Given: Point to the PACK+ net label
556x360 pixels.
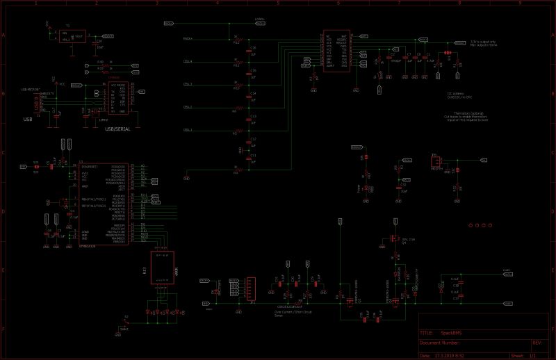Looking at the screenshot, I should click(188, 39).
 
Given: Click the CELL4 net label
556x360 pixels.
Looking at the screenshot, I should click(188, 61).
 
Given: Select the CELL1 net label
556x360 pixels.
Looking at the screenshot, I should click(188, 130).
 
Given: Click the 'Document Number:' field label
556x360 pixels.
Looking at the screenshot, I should click(440, 343).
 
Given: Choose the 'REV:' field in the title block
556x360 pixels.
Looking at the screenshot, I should click(537, 343).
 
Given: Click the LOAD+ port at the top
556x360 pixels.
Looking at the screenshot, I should click(259, 22).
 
